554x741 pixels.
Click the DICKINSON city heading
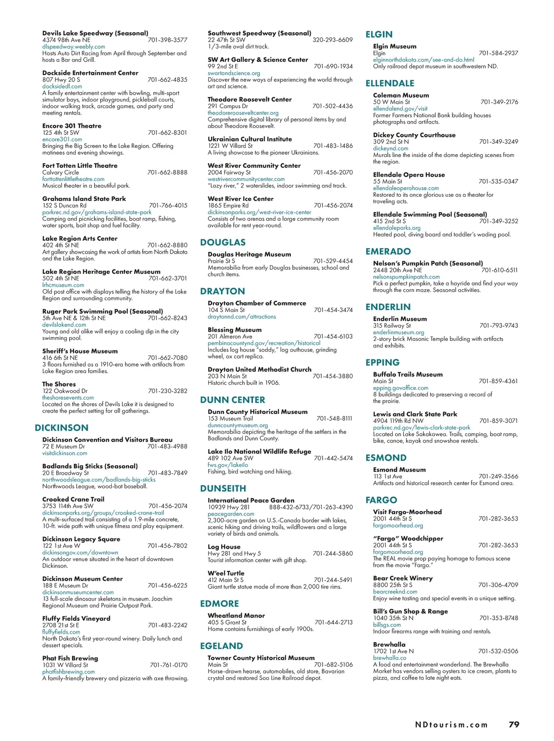click(x=61, y=428)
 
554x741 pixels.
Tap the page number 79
click(x=514, y=724)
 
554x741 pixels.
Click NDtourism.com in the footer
click(x=451, y=725)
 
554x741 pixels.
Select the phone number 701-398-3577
click(x=168, y=40)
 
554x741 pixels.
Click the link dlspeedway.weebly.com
click(x=73, y=47)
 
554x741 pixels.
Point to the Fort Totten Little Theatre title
click(x=80, y=165)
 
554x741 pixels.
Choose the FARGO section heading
click(x=381, y=500)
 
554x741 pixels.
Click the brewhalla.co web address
click(x=390, y=658)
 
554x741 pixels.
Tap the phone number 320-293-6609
click(x=332, y=40)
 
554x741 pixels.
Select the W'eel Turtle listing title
click(x=226, y=573)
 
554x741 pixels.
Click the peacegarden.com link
click(x=231, y=514)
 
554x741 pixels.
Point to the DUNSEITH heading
click(x=223, y=488)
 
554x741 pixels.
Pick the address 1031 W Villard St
click(x=65, y=665)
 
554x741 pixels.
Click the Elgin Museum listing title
click(x=395, y=46)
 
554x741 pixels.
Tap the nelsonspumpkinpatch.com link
click(x=406, y=277)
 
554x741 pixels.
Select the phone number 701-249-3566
click(x=498, y=476)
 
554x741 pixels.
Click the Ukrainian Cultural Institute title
click(x=250, y=139)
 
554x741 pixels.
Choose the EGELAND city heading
click(x=221, y=646)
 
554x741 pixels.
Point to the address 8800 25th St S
click(x=393, y=585)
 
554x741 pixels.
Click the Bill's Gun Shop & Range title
click(x=410, y=611)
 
